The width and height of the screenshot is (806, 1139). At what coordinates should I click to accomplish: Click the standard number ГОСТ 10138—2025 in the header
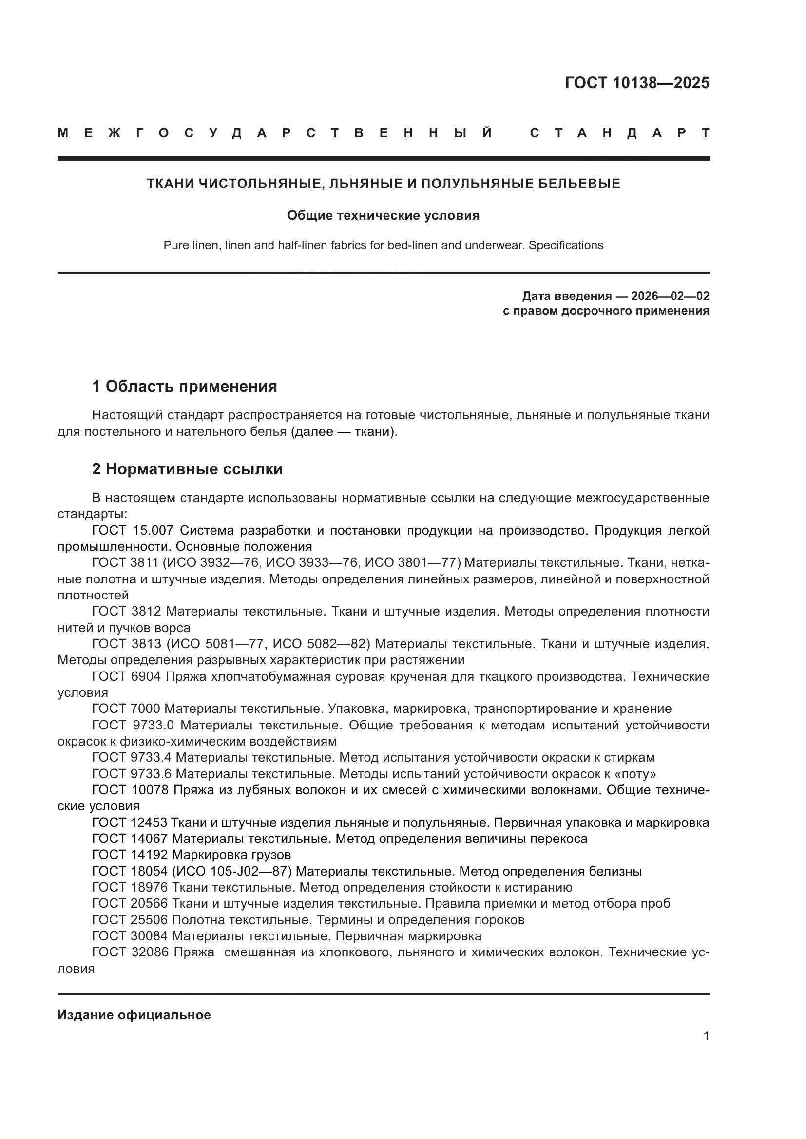pos(637,83)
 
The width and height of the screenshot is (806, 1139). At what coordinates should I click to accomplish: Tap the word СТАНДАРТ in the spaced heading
pos(619,133)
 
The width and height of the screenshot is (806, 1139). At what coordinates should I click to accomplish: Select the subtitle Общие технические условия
pos(383,215)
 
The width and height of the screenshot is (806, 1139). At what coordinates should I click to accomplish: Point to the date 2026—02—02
pos(670,296)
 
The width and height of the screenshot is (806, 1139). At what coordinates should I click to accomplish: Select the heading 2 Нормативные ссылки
pos(187,469)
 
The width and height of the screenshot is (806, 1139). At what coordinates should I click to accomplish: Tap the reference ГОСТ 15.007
pos(133,530)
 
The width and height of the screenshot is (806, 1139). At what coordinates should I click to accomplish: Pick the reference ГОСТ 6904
pos(126,677)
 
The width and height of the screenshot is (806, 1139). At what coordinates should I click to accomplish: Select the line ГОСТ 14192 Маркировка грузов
pos(192,855)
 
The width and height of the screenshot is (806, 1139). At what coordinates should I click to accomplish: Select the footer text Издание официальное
pos(134,1015)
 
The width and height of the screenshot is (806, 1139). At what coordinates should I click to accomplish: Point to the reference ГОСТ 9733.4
pos(133,758)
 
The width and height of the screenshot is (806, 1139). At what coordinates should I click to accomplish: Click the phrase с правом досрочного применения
pos(606,311)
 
